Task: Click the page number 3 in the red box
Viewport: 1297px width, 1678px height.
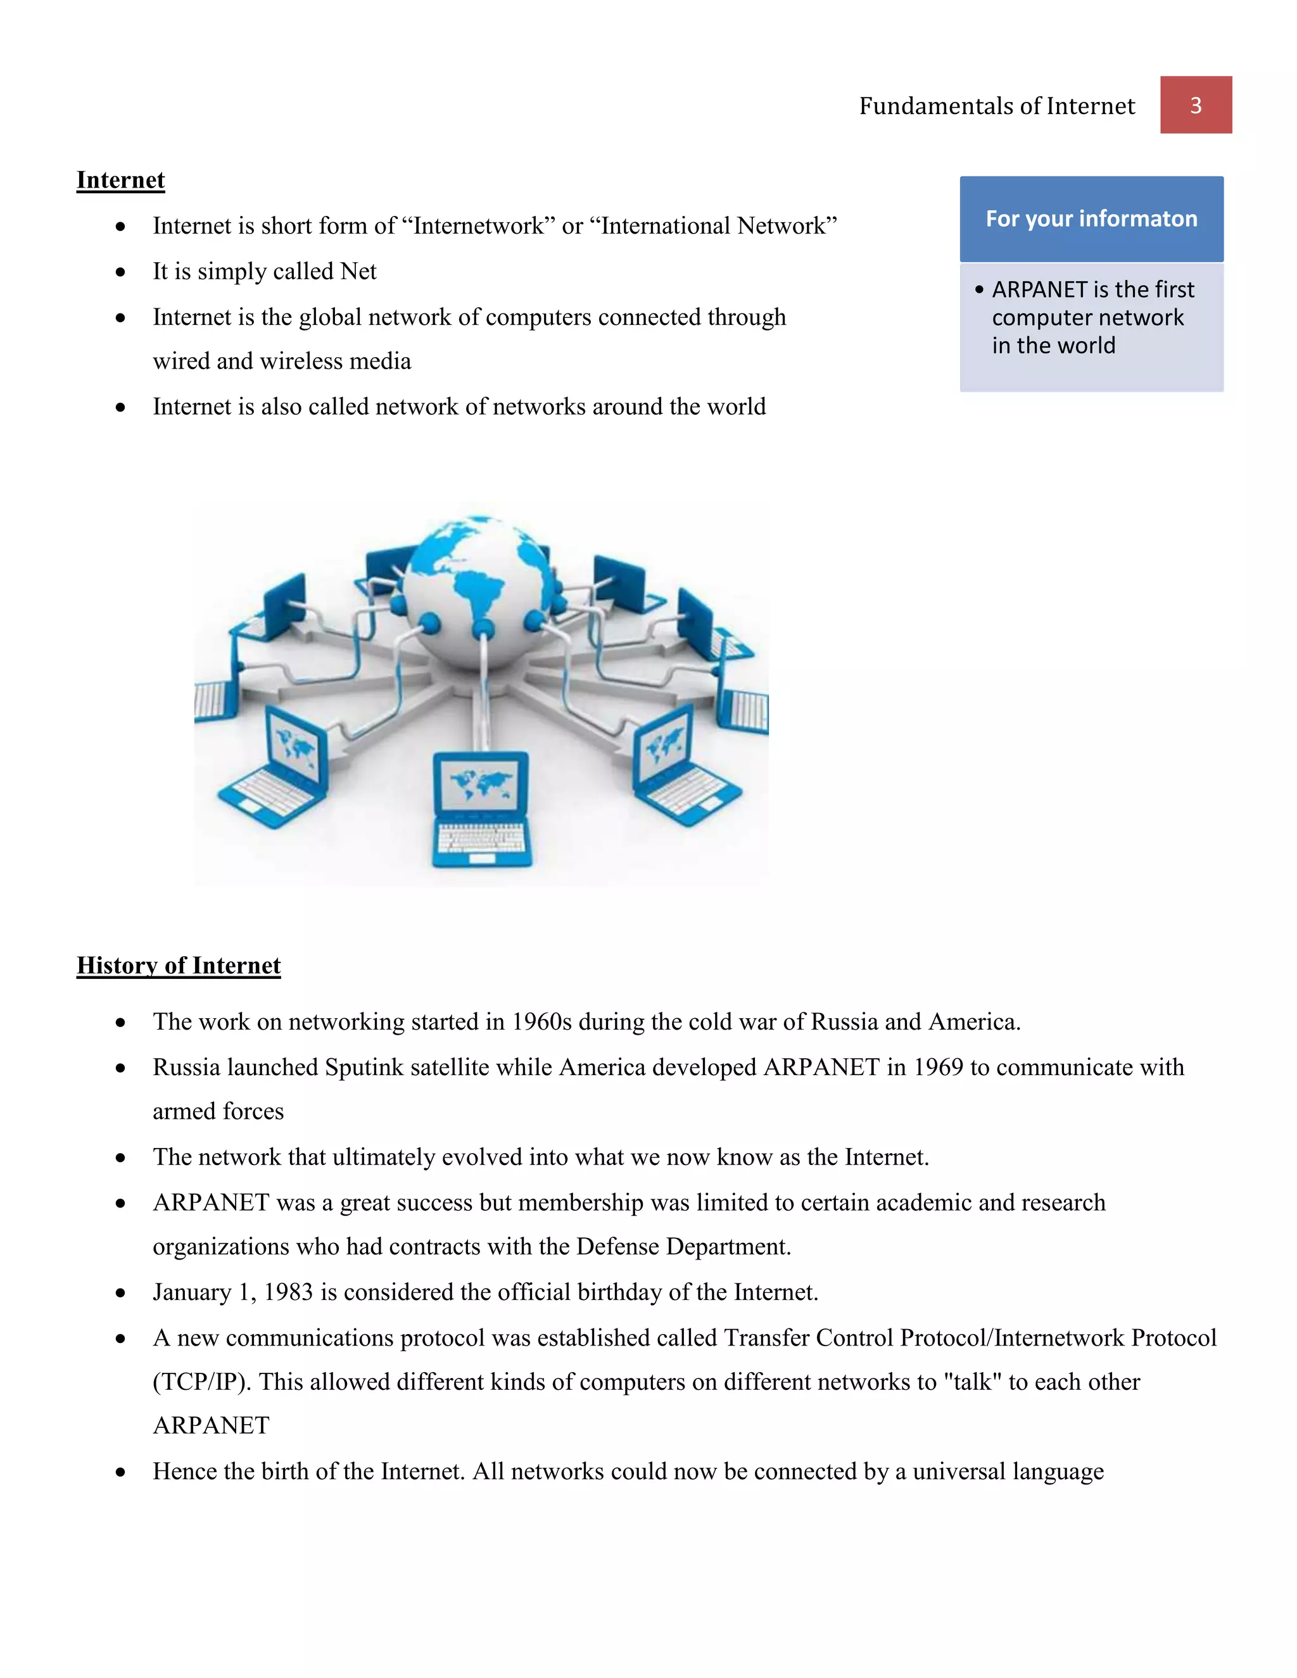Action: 1196,105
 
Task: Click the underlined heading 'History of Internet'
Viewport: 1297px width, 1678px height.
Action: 178,965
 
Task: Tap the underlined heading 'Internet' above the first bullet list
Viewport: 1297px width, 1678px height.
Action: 120,180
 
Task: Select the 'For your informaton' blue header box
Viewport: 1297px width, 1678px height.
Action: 1091,219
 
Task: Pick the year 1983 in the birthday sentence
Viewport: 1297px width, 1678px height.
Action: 288,1292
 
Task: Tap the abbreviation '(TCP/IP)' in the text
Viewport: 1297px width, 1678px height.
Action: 202,1382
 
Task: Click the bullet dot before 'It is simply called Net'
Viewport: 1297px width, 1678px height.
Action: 120,272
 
